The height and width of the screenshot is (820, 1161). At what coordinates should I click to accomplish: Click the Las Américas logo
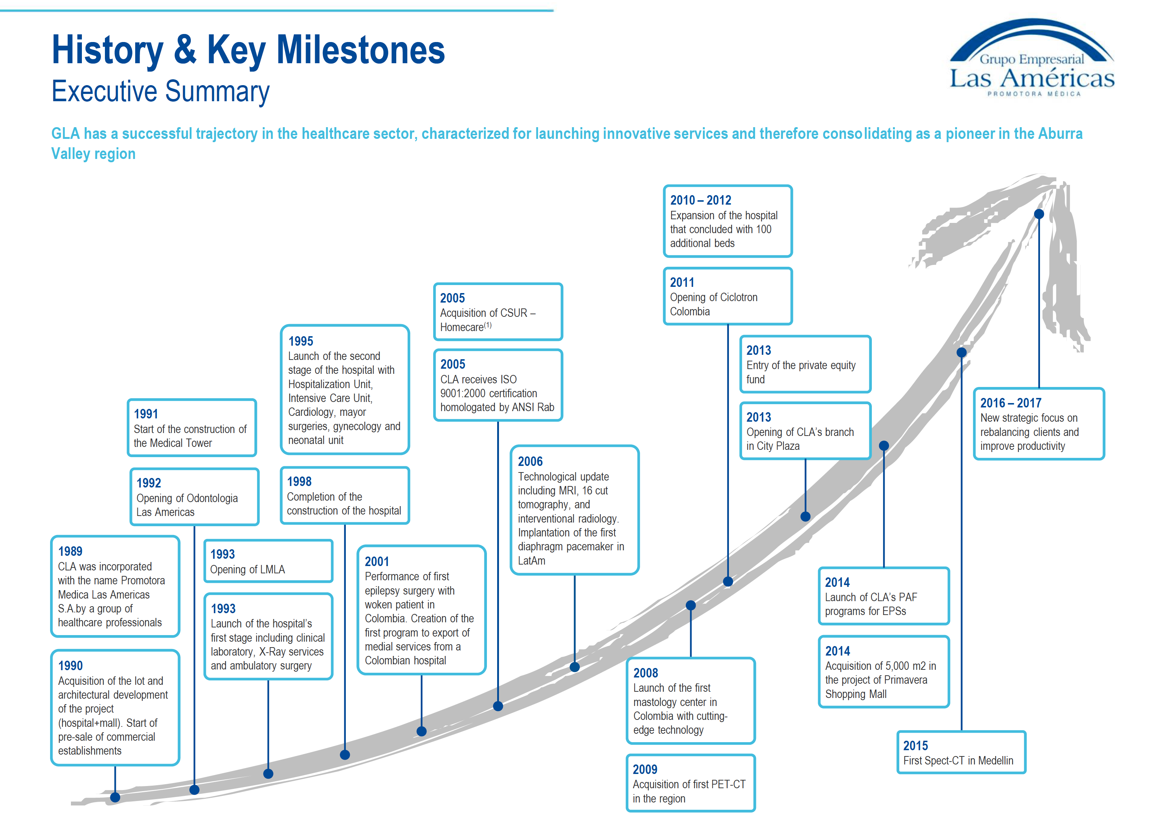(x=1032, y=58)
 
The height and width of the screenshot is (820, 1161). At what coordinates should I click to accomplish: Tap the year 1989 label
(x=70, y=551)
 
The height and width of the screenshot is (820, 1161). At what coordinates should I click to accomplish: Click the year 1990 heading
(x=70, y=665)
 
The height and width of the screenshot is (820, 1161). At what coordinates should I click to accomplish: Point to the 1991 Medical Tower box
(x=192, y=428)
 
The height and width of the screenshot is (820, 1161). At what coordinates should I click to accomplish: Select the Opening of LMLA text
(x=247, y=569)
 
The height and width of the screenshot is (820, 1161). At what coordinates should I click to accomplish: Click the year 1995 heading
(x=300, y=341)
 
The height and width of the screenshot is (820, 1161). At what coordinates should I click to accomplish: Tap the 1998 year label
(x=299, y=481)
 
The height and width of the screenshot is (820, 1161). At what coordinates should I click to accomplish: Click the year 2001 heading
(x=377, y=561)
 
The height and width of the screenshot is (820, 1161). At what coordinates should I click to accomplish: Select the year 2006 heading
(x=530, y=461)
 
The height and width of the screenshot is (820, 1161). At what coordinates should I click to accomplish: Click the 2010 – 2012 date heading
(x=700, y=200)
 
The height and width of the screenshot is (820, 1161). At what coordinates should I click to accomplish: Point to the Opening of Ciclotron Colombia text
(x=714, y=304)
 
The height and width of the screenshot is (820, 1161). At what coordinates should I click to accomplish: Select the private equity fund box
(x=805, y=364)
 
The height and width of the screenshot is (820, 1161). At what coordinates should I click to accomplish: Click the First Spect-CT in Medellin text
(x=958, y=760)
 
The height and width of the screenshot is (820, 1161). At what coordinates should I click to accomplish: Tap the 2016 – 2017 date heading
(x=1011, y=403)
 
